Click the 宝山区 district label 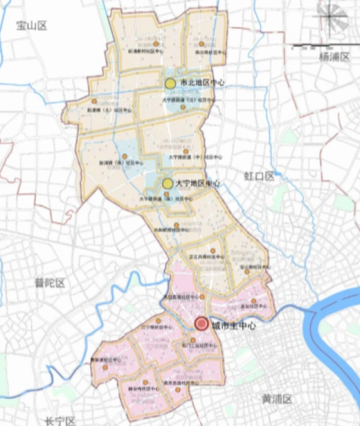coord(31,25)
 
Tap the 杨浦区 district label coord(334,57)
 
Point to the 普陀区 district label coord(49,283)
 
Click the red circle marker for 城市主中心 coord(202,325)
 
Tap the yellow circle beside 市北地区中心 coord(170,83)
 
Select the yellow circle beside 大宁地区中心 coord(168,183)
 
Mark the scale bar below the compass coord(319,46)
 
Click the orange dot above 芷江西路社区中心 coord(212,250)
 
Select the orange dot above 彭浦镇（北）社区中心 coord(94,101)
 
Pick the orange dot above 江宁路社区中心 coord(158,321)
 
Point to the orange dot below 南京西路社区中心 coord(178,389)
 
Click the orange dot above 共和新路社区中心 coord(176,226)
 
